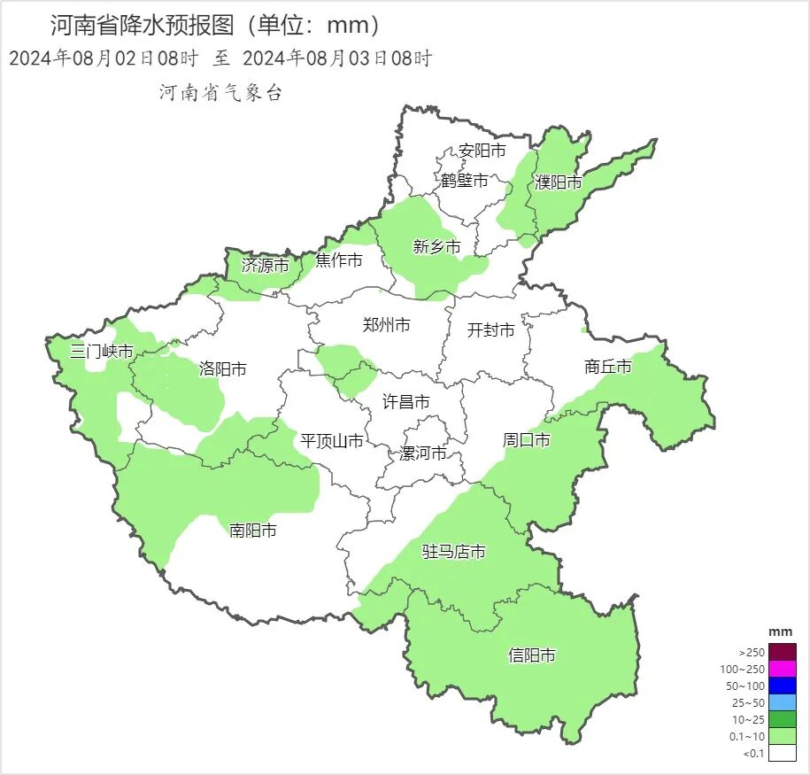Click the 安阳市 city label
click(x=482, y=151)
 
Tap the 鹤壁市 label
click(x=465, y=181)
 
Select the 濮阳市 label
click(x=559, y=182)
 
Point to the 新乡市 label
click(x=437, y=247)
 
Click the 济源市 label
click(x=266, y=265)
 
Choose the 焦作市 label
click(x=339, y=260)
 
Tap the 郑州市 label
click(x=387, y=325)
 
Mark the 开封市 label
click(x=490, y=330)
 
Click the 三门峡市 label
click(x=103, y=352)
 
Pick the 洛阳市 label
click(x=223, y=368)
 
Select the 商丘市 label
click(x=608, y=366)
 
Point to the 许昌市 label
click(x=406, y=402)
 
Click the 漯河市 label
click(x=423, y=453)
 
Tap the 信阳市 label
click(x=532, y=655)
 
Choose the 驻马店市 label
click(x=454, y=552)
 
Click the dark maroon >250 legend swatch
click(x=783, y=652)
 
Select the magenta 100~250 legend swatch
click(x=783, y=669)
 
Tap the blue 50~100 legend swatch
click(x=783, y=686)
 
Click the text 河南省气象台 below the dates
click(x=220, y=93)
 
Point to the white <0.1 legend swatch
click(x=783, y=753)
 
